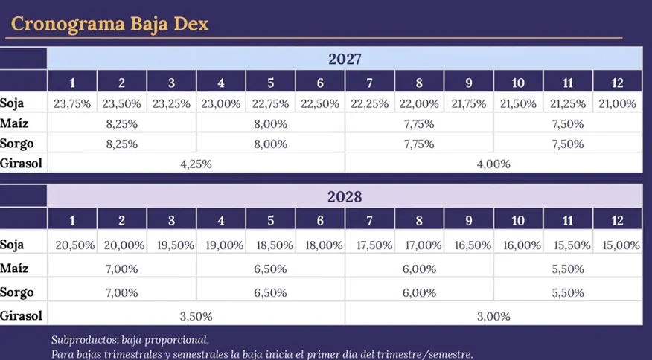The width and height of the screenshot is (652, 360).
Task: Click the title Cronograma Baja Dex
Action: [109, 24]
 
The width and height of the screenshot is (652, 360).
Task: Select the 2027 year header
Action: [345, 59]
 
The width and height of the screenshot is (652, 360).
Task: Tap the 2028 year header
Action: [345, 196]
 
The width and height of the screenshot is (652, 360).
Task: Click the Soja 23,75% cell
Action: [72, 103]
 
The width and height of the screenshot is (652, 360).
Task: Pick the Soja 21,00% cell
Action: [617, 103]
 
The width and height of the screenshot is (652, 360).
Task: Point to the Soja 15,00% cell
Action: [621, 245]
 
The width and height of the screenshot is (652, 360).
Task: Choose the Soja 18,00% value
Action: [324, 245]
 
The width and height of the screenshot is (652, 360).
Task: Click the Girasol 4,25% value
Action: [196, 164]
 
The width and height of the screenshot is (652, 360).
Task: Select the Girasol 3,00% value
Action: [493, 316]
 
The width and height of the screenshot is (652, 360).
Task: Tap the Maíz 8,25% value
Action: [121, 124]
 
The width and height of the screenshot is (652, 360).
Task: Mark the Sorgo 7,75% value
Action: [419, 144]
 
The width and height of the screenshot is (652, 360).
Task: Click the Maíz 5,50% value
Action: [568, 269]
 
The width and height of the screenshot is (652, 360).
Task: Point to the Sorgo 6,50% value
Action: [270, 292]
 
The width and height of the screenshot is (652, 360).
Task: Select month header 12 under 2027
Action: [617, 83]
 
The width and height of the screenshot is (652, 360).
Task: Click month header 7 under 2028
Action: [369, 220]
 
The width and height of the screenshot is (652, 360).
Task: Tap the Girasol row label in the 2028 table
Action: [21, 316]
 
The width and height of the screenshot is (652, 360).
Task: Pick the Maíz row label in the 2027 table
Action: [14, 123]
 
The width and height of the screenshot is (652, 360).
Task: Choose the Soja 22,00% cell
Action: [419, 103]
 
